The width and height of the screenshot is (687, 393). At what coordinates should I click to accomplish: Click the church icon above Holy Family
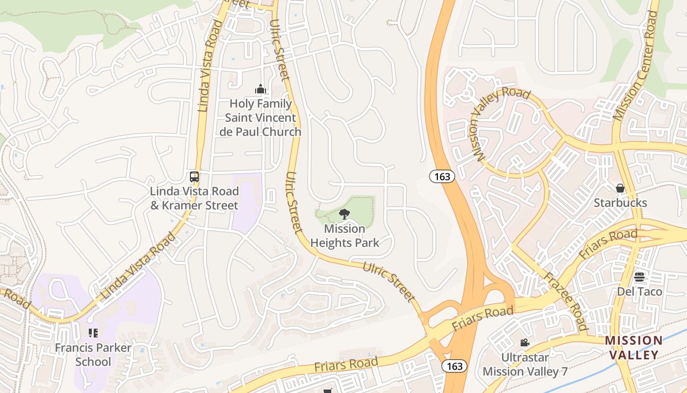(260, 89)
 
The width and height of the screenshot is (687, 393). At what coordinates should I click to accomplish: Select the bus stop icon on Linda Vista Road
(194, 177)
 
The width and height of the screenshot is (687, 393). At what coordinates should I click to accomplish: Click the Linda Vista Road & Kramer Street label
(194, 198)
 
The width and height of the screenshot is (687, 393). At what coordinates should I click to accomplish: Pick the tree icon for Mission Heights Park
(344, 214)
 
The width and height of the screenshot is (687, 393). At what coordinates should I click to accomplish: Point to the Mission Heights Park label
(344, 236)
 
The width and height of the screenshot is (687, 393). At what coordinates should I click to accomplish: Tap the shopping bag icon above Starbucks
(620, 188)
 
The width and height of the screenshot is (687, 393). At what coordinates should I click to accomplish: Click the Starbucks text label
(620, 203)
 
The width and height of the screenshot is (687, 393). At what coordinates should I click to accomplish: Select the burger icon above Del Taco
(639, 277)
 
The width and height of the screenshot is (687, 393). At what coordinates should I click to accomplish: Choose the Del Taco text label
(639, 292)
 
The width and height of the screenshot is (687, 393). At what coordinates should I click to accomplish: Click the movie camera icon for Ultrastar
(525, 342)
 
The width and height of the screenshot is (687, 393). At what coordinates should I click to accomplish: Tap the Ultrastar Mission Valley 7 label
(525, 364)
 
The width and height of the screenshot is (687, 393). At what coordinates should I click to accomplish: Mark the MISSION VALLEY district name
(634, 348)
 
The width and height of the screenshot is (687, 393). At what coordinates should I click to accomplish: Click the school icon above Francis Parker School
(93, 333)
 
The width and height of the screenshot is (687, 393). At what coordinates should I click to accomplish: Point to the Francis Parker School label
(93, 355)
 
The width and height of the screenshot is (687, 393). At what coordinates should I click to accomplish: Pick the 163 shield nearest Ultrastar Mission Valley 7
(454, 366)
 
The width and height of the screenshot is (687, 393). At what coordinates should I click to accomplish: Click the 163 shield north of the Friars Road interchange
(442, 177)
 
